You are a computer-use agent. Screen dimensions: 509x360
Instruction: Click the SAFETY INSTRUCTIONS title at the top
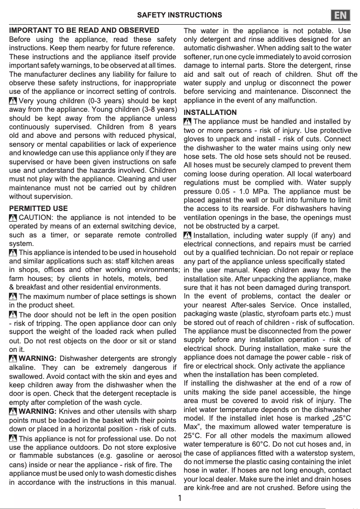[180, 15]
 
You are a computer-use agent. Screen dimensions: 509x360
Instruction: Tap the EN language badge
[341, 16]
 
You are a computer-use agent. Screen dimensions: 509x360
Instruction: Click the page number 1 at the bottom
[180, 498]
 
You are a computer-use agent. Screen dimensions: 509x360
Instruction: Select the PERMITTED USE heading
[39, 208]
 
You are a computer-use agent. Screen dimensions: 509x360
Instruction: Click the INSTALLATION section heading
[210, 112]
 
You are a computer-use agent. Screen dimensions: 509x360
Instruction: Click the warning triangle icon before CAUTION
[13, 218]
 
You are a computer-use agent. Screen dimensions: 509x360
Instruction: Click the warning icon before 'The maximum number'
[13, 296]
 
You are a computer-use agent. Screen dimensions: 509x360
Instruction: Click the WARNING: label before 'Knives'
[38, 412]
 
